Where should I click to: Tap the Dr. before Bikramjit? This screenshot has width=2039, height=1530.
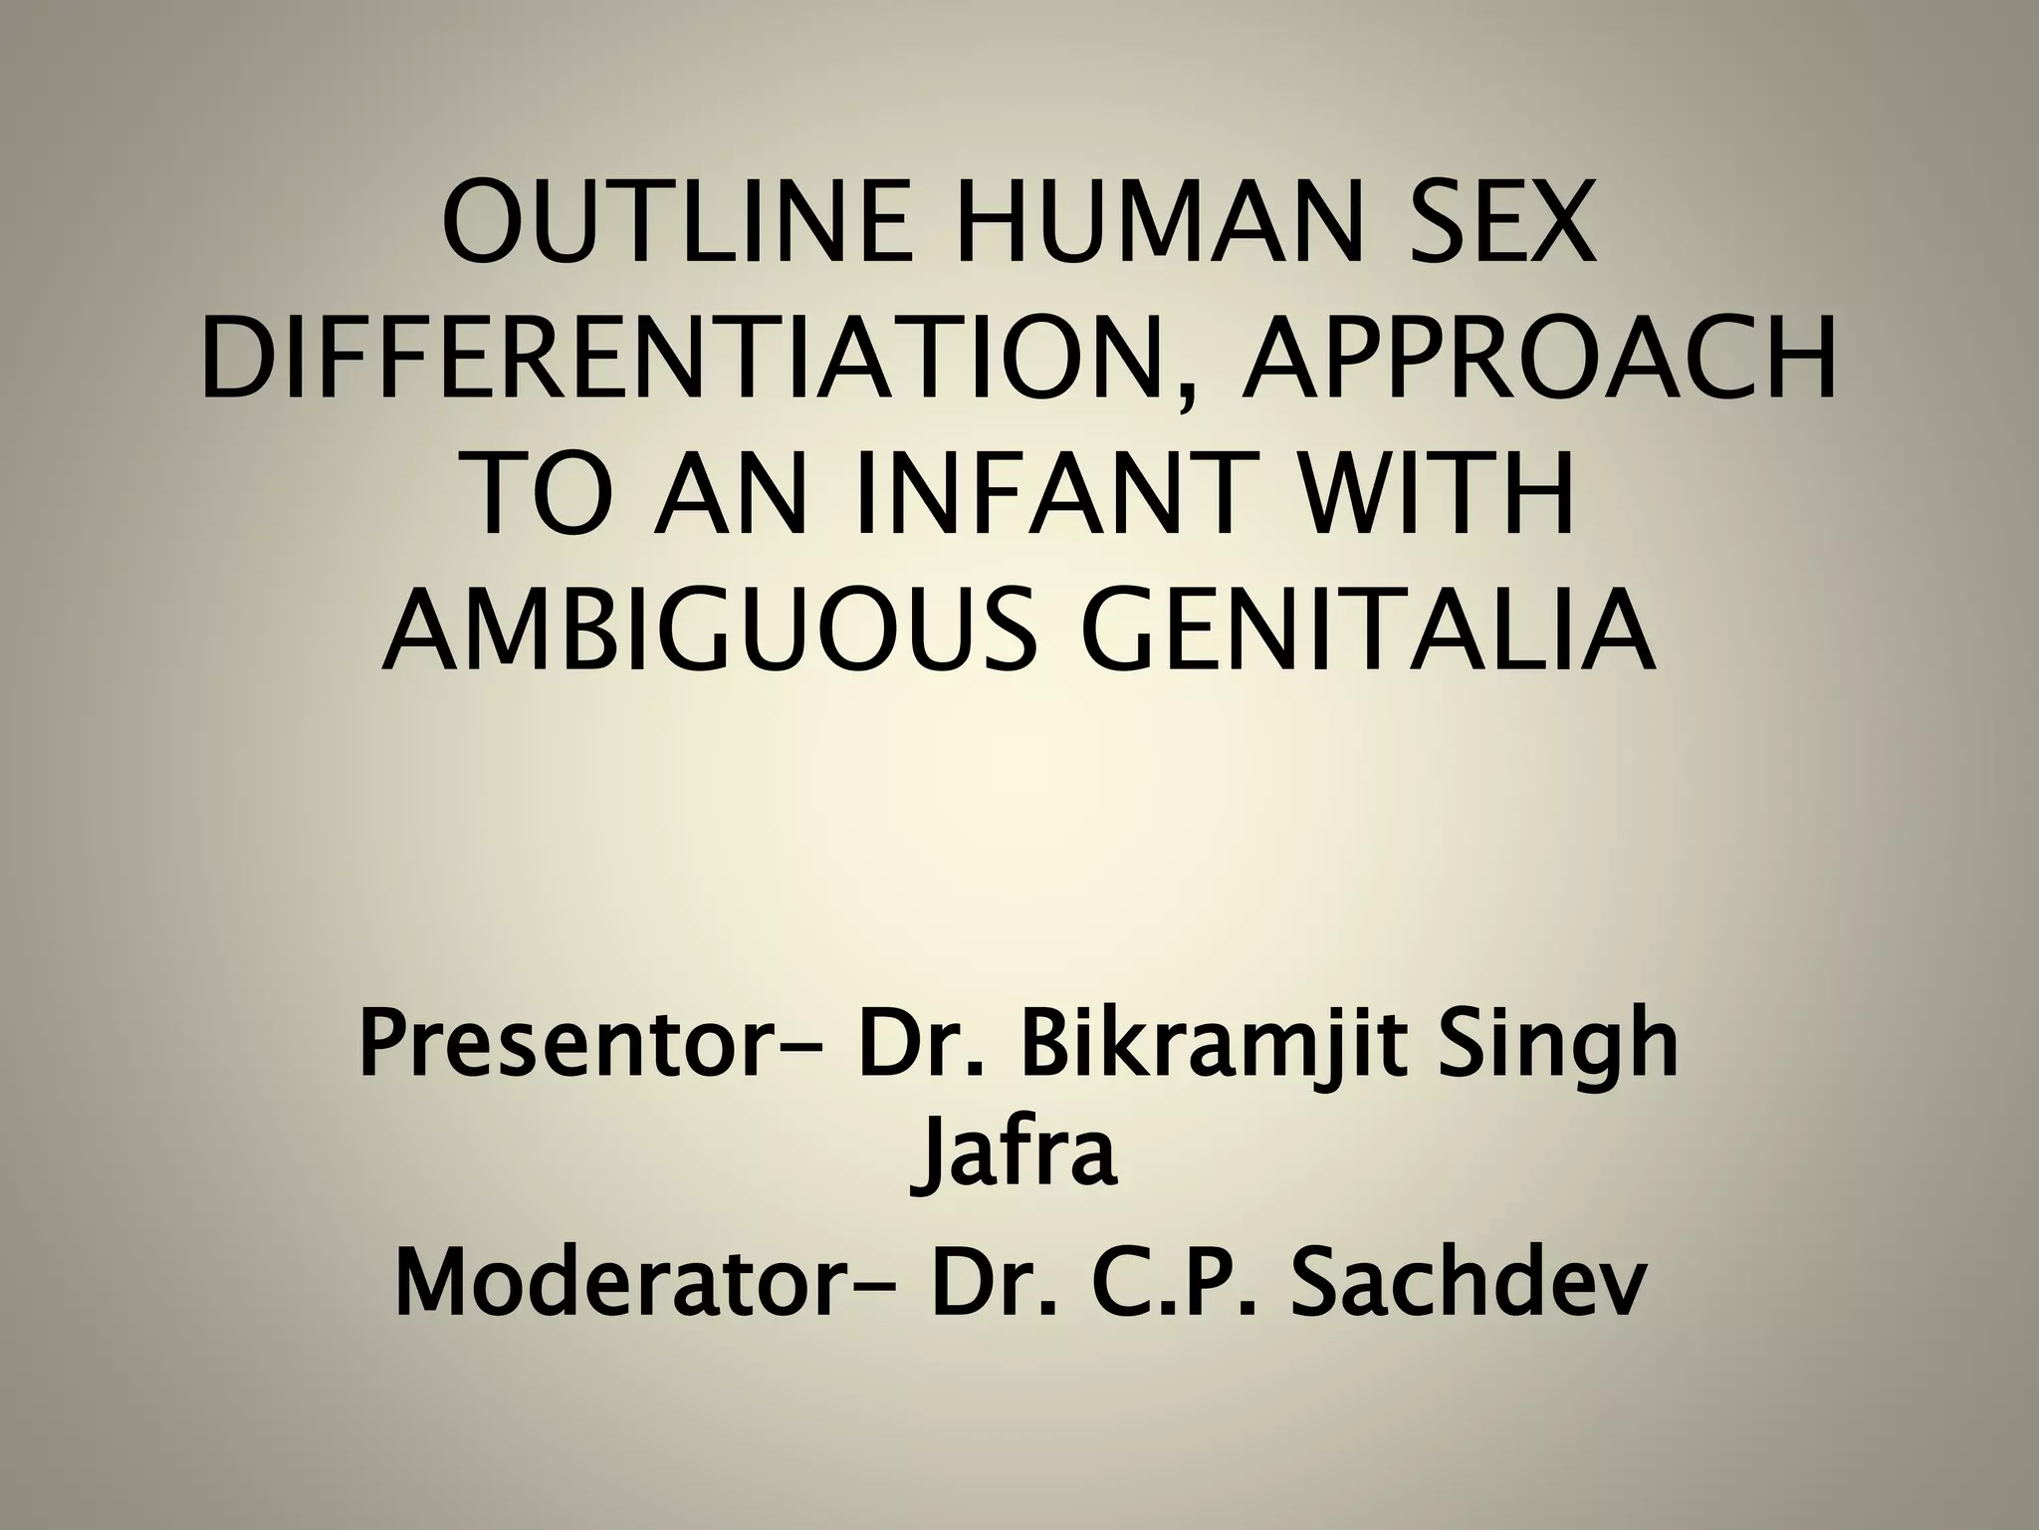click(x=916, y=1053)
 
